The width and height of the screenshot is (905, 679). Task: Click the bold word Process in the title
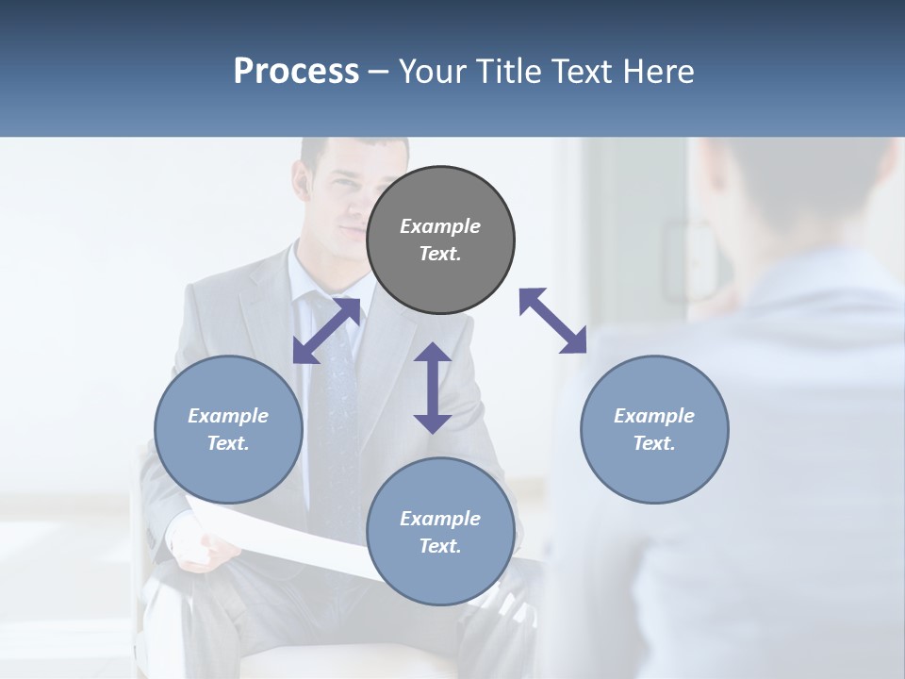point(296,72)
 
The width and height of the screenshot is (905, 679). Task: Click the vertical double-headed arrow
point(433,388)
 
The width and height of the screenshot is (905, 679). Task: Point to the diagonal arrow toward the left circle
point(326,330)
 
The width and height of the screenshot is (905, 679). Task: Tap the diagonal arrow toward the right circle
point(552,321)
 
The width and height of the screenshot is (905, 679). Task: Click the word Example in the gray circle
point(440,226)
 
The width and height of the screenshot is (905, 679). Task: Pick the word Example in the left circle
point(228,416)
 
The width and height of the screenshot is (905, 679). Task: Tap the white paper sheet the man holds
point(283,538)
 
